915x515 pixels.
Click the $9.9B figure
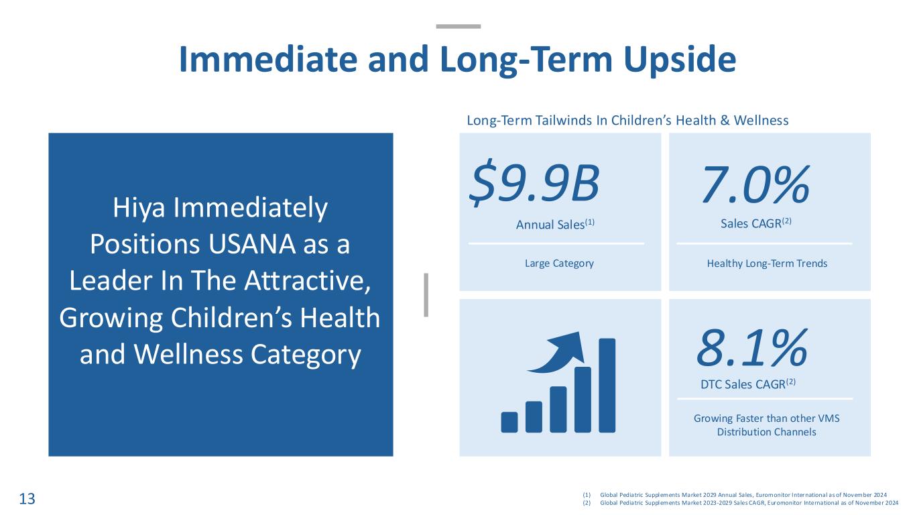click(534, 182)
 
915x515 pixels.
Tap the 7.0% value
click(756, 184)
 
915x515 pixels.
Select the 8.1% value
click(752, 348)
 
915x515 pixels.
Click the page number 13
click(27, 499)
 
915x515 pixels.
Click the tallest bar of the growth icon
click(607, 386)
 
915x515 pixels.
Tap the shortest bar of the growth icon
click(509, 422)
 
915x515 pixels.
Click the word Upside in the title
click(680, 60)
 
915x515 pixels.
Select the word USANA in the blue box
click(251, 244)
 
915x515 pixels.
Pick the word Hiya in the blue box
click(139, 209)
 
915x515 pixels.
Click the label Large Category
click(559, 264)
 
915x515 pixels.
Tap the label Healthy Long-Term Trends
click(767, 264)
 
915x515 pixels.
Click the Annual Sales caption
click(555, 225)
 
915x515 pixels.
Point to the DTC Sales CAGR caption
click(748, 384)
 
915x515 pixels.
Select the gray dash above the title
click(459, 27)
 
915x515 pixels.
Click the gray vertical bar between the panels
click(426, 295)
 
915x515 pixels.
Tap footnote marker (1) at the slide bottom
click(587, 495)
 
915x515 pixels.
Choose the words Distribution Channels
click(767, 432)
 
